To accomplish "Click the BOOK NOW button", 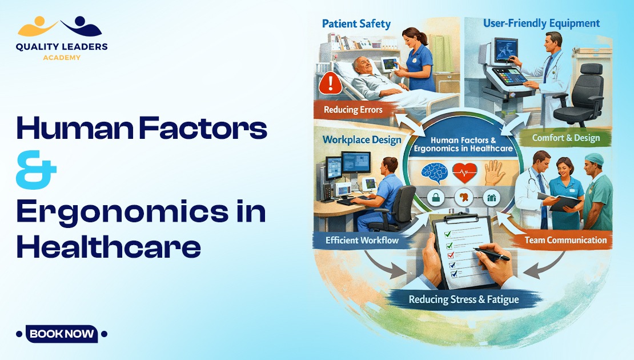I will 62,334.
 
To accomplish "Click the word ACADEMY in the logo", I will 61,57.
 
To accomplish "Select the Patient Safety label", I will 356,24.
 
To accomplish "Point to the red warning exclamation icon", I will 331,84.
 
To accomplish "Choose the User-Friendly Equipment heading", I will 541,23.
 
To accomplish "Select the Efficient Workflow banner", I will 362,240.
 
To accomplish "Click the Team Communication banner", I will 565,240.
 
